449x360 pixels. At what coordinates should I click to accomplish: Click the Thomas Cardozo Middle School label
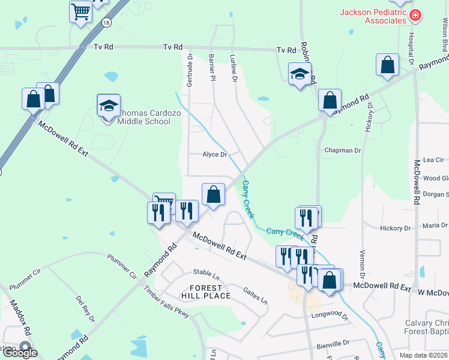coord(143,117)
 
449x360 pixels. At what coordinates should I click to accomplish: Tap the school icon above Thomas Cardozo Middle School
coord(109,106)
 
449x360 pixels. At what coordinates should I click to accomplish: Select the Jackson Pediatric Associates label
coord(373,16)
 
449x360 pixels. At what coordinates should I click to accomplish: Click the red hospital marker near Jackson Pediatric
coord(415,14)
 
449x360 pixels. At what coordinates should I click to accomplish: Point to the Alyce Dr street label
coord(214,155)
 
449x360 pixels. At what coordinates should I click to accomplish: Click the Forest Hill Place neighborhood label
coord(206,291)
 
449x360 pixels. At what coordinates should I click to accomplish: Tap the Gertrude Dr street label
coord(190,70)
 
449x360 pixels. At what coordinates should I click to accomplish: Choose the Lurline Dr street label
coord(234,67)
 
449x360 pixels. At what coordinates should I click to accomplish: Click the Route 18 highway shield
coord(106,22)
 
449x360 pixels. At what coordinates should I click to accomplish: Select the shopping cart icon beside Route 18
coord(80,11)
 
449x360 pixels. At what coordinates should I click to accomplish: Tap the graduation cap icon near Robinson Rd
coord(300,74)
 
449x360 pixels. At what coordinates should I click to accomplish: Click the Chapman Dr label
coord(342,151)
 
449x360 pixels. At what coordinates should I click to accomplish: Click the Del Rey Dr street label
coord(85,308)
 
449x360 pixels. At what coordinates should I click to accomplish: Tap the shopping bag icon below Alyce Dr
coord(213,194)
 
